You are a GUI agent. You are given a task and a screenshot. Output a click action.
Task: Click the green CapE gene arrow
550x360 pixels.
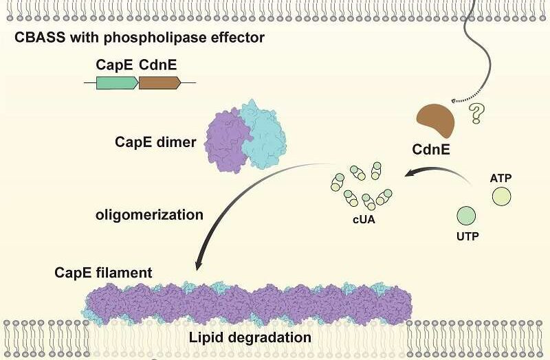(117, 83)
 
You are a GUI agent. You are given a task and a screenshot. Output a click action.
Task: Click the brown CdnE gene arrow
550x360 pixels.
(159, 83)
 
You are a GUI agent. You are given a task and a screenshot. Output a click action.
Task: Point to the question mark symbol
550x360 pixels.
(476, 113)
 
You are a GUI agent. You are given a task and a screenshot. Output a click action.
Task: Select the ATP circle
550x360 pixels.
(502, 196)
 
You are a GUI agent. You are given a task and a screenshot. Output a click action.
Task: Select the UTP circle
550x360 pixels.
(466, 215)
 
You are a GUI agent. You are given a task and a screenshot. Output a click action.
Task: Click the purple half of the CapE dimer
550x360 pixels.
(226, 142)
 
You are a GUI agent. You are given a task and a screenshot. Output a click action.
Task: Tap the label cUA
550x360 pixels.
(364, 220)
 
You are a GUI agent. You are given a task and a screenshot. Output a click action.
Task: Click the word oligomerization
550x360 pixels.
(149, 214)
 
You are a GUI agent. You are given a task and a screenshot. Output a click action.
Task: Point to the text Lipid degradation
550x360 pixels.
(250, 337)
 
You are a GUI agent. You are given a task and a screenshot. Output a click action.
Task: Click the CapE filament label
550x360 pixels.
(103, 273)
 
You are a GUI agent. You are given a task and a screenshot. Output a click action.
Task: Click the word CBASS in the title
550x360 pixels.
(40, 37)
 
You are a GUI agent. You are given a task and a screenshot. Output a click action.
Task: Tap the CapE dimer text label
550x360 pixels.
(155, 142)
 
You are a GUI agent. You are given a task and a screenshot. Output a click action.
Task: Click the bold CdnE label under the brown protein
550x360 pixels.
(431, 150)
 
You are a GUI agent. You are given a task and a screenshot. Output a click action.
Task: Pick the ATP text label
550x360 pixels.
(500, 178)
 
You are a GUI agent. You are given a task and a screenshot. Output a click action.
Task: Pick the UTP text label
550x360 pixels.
(467, 236)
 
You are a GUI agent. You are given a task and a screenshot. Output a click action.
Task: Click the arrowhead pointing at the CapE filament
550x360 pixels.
(199, 264)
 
